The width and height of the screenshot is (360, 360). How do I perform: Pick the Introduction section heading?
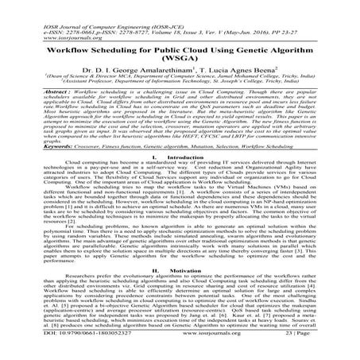180,181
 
